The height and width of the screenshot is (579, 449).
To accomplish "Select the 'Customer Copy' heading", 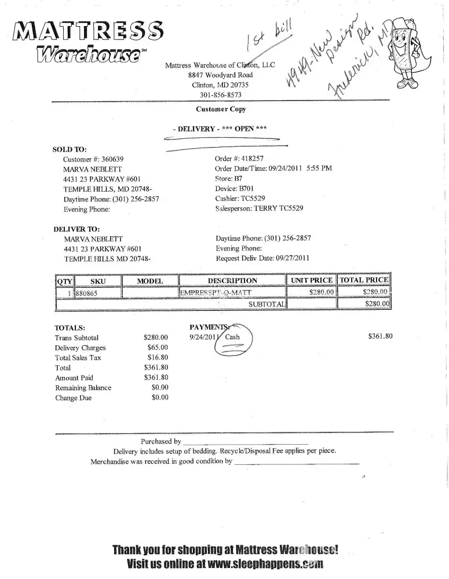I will coord(221,109).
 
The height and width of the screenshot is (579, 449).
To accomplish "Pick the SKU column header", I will coord(98,281).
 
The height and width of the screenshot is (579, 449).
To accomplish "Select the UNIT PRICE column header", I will coord(312,281).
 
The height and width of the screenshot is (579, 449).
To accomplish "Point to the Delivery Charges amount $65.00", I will coord(158,347).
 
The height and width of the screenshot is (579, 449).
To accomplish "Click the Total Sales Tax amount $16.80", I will coord(158,358).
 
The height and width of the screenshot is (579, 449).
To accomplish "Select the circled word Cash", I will coord(232,336).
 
